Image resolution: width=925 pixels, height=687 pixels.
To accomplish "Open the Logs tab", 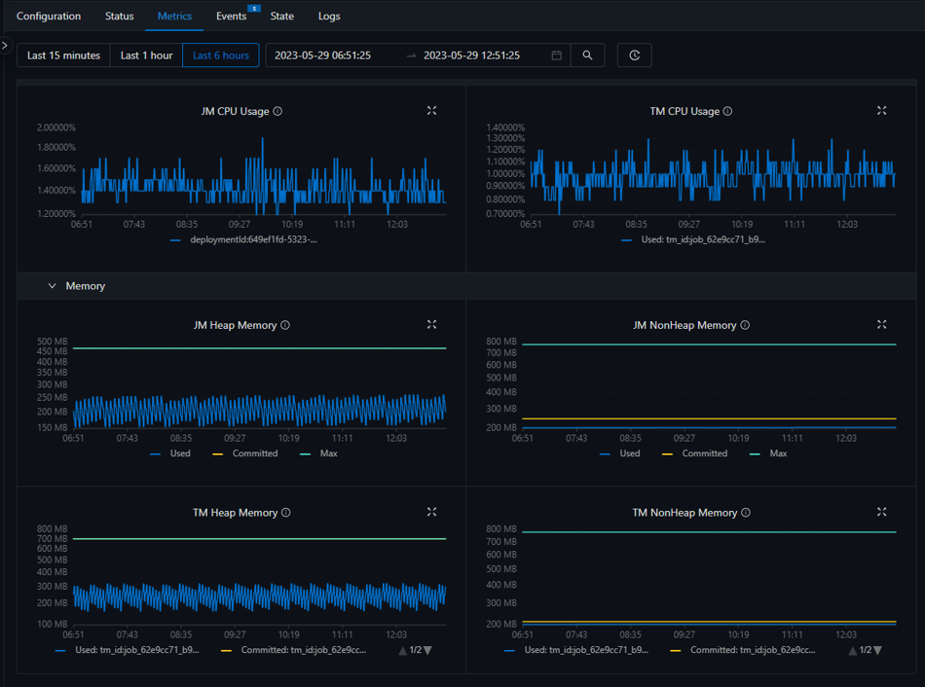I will pyautogui.click(x=329, y=17).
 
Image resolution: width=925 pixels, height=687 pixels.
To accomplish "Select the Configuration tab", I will pyautogui.click(x=49, y=17).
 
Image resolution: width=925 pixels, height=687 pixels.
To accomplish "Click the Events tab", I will pyautogui.click(x=231, y=17).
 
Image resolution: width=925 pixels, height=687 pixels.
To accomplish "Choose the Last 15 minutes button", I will pyautogui.click(x=63, y=55).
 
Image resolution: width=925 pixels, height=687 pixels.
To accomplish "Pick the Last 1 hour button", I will pyautogui.click(x=146, y=55).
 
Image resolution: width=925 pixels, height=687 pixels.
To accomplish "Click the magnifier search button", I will pyautogui.click(x=587, y=55).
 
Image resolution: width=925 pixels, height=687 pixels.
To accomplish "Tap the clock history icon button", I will pyautogui.click(x=634, y=55).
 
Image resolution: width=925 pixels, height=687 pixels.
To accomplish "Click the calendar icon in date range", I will pyautogui.click(x=557, y=55).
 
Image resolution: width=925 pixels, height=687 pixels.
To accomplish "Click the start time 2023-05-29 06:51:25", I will pyautogui.click(x=322, y=55).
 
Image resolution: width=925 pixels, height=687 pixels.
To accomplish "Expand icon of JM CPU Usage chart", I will pyautogui.click(x=431, y=111).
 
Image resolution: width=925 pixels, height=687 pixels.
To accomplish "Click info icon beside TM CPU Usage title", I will pyautogui.click(x=727, y=111).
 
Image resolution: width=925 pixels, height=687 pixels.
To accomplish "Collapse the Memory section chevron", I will pyautogui.click(x=53, y=286).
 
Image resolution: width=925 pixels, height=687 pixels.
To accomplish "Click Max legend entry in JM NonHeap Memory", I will pyautogui.click(x=778, y=453).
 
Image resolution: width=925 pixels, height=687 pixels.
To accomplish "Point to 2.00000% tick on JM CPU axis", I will pyautogui.click(x=56, y=127).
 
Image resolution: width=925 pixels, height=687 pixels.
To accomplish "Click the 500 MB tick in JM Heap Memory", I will pyautogui.click(x=53, y=342).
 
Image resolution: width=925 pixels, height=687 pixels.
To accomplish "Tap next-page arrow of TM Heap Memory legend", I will pyautogui.click(x=427, y=650).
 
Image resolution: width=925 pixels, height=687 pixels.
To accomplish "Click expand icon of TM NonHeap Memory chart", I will pyautogui.click(x=881, y=512).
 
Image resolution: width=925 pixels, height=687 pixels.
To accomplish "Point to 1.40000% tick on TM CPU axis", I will pyautogui.click(x=505, y=127).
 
